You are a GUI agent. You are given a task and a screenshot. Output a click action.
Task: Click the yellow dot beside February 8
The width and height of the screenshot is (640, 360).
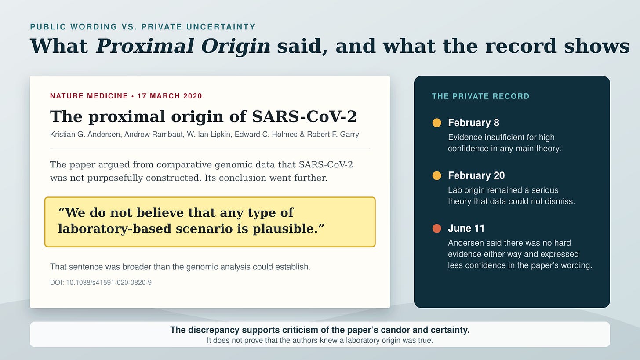[x=436, y=123]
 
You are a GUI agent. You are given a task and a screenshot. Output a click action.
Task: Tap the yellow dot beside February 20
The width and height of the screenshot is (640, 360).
[x=436, y=175]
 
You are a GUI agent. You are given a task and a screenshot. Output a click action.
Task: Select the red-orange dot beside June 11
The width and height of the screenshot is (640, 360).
[x=436, y=228]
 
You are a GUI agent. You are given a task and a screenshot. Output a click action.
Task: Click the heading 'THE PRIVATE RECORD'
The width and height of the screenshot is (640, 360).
[x=480, y=96]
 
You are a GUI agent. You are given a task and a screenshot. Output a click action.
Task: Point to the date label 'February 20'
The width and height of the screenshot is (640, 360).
[x=476, y=175]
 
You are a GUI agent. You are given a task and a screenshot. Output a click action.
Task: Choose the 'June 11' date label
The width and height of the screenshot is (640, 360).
[x=466, y=228]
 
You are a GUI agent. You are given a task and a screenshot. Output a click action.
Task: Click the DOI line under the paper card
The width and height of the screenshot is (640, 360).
[x=101, y=283]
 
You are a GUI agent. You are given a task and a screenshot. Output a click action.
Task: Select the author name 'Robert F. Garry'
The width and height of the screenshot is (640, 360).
[x=333, y=135]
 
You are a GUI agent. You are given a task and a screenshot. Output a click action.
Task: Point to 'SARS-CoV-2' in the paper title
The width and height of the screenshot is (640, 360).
[x=304, y=116]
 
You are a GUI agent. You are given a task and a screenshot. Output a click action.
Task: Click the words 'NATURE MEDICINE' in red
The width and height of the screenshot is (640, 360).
[x=89, y=96]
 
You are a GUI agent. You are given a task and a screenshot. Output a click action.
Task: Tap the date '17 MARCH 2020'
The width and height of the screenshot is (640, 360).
[x=170, y=96]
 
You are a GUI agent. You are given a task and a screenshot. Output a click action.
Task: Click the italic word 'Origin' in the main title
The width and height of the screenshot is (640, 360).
[x=236, y=46]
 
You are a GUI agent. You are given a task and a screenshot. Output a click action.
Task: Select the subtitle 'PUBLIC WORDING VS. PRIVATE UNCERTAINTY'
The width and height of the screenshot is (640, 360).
[x=143, y=27]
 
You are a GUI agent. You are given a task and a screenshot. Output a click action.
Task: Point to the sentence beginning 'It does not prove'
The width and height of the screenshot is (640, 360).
[x=320, y=341]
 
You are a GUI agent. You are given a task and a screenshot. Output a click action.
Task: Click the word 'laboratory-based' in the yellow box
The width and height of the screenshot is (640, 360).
[x=116, y=229]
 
